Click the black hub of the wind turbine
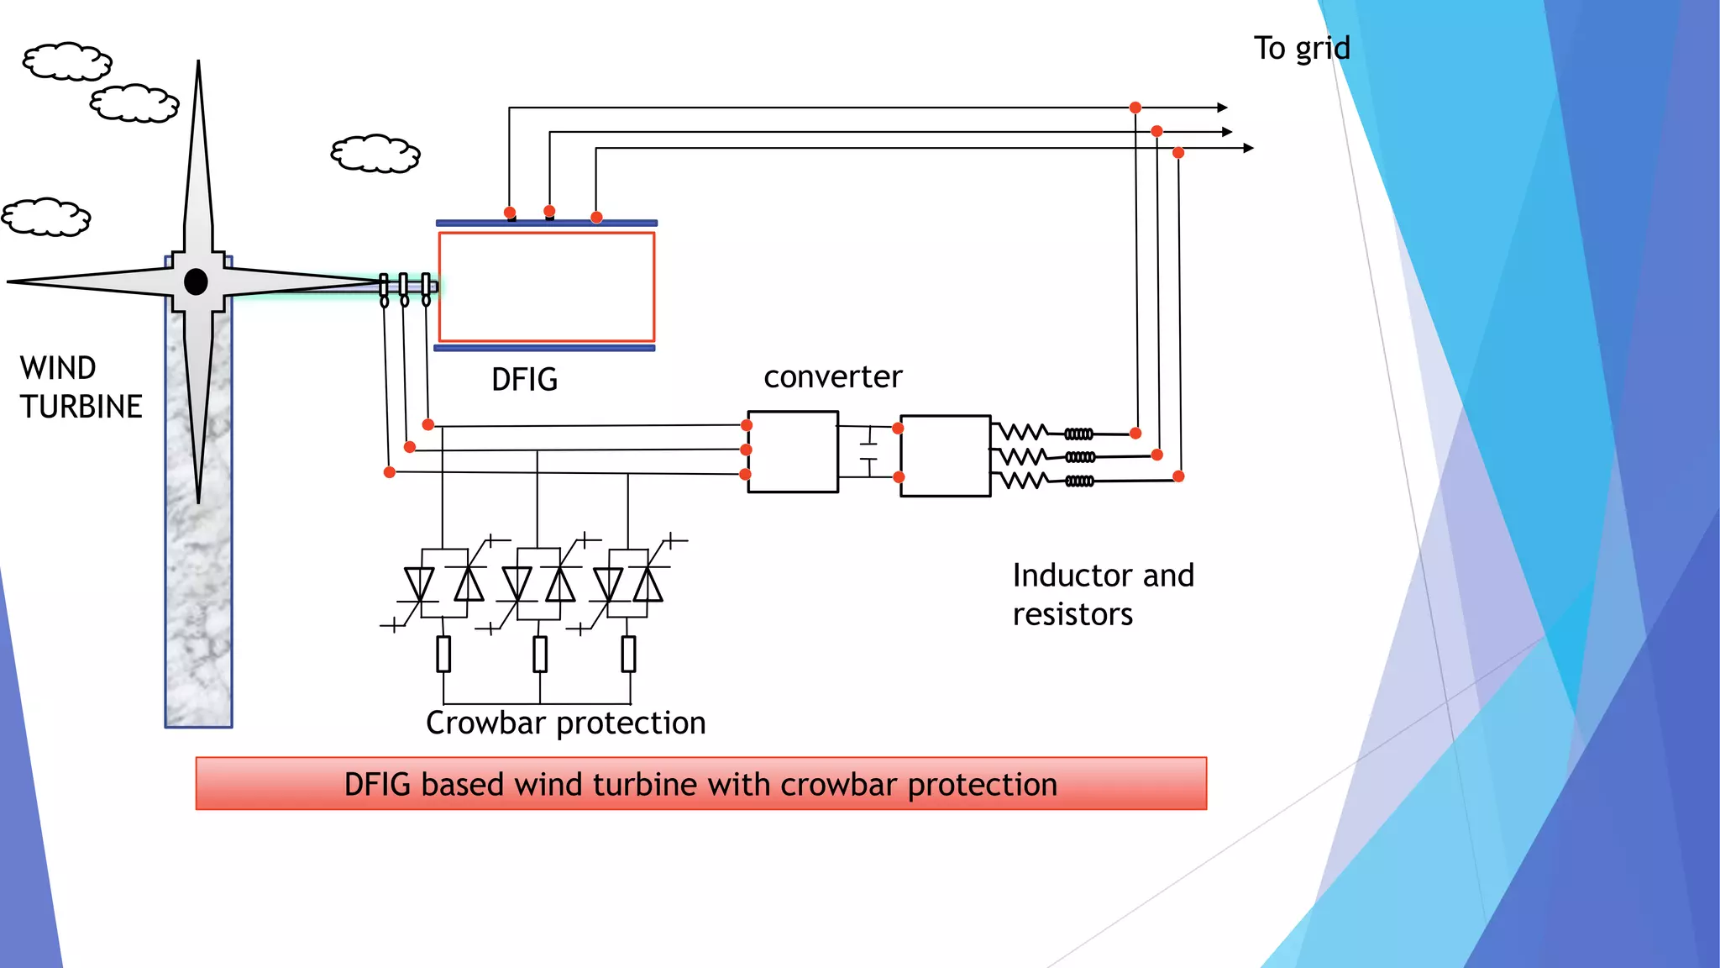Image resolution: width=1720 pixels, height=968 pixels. tap(196, 281)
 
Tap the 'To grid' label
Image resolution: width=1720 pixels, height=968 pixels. tap(1302, 49)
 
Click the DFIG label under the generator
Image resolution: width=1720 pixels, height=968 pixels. tap(524, 380)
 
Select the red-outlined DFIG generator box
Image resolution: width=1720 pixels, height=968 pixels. tap(547, 287)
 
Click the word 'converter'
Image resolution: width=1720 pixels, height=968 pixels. tap(832, 377)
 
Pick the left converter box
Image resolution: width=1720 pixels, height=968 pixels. tap(792, 451)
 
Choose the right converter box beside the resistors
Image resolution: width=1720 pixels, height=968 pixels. tap(945, 455)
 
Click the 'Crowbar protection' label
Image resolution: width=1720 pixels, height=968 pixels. tap(565, 723)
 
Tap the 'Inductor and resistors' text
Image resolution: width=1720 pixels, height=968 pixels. tap(1102, 595)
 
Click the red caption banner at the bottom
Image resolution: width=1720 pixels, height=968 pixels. tap(700, 784)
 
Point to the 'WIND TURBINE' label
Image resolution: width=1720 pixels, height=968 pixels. tap(81, 387)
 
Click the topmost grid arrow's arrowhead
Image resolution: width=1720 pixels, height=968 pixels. tap(1223, 108)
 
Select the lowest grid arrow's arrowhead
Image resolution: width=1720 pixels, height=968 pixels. tap(1249, 148)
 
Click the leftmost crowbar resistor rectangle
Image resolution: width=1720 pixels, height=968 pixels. tap(443, 654)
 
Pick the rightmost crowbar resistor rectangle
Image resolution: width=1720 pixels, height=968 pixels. tap(628, 654)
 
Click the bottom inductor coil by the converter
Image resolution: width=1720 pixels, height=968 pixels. tap(1079, 481)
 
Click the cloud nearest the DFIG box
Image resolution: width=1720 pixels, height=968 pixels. tap(375, 154)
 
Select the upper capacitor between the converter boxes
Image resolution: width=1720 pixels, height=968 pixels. tap(868, 437)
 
